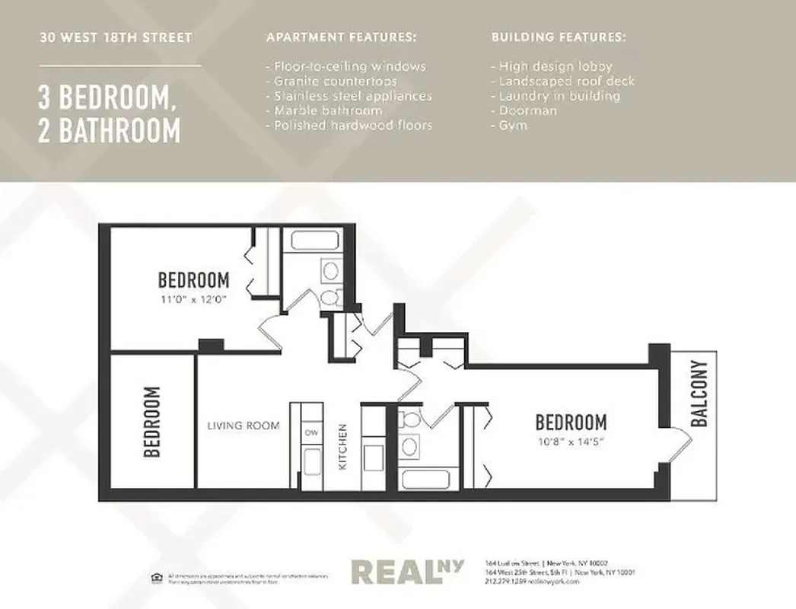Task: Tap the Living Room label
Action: (x=244, y=426)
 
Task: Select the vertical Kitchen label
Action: (x=343, y=446)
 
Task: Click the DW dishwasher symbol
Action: (x=310, y=432)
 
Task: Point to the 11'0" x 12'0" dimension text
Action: (x=194, y=298)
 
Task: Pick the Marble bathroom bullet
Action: (x=323, y=110)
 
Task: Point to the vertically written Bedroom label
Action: (x=152, y=422)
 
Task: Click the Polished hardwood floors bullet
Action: (x=349, y=125)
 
